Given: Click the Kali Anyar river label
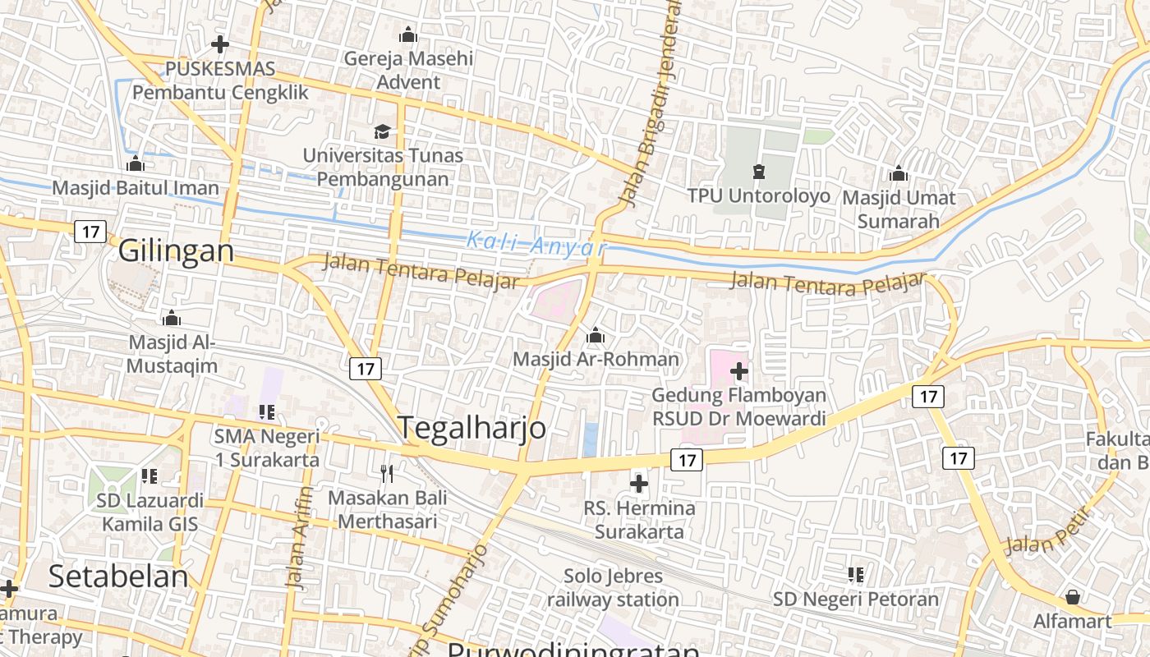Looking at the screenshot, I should tap(536, 244).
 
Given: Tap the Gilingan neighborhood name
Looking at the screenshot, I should tap(176, 250).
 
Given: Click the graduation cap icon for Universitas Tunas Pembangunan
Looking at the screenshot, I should tap(382, 131).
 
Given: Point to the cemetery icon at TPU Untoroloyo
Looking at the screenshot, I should tap(758, 172).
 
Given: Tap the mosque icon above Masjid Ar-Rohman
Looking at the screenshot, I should tap(596, 335).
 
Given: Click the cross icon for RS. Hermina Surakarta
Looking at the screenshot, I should tap(638, 484).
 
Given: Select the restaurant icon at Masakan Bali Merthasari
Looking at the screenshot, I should tap(387, 473).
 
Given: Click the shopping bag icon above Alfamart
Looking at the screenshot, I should tap(1072, 597).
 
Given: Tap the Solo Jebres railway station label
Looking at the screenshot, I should tap(613, 588).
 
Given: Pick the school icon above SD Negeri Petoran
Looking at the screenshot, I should tap(855, 575).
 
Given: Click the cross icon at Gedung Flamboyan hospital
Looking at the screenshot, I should tap(738, 371).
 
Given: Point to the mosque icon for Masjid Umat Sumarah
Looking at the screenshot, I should tap(898, 174).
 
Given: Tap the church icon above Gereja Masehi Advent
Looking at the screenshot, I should tap(407, 34).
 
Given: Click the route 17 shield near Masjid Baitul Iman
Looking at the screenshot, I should tap(90, 232).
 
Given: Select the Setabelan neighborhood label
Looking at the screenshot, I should tap(118, 577).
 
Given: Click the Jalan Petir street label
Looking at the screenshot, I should tap(1046, 531).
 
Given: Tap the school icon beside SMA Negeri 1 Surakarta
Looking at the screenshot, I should tap(266, 411).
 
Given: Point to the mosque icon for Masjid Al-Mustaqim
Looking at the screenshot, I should tap(172, 318).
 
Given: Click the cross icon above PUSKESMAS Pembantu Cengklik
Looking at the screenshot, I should tap(219, 44).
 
